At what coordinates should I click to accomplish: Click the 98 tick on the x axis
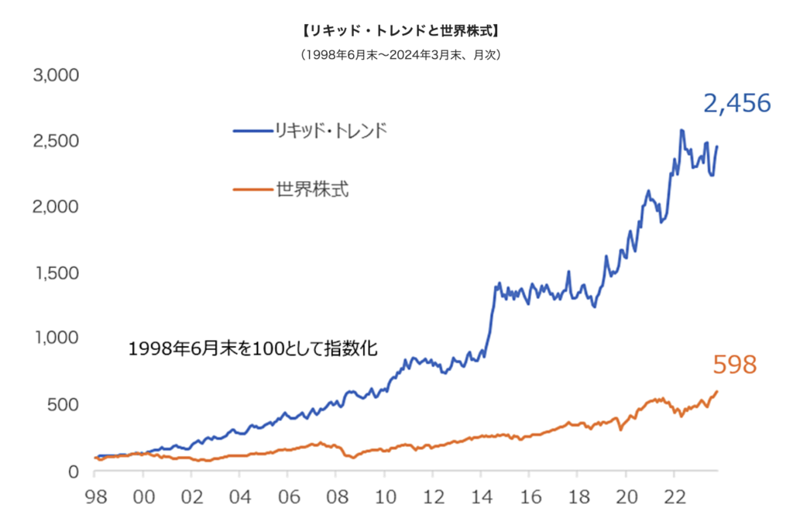[x=95, y=496]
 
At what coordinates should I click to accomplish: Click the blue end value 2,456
[x=737, y=104]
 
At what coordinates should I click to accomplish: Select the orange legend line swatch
[x=252, y=189]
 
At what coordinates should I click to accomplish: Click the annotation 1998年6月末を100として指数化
[x=253, y=349]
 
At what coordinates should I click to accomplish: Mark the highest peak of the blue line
[x=681, y=130]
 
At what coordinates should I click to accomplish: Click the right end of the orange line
[x=717, y=391]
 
